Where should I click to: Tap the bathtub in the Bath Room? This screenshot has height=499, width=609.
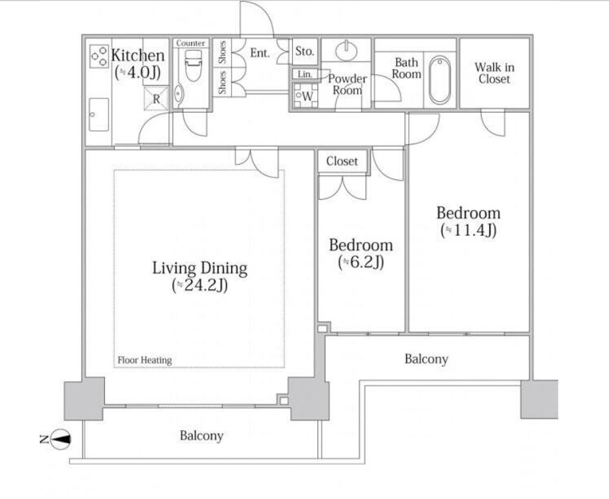click(x=440, y=80)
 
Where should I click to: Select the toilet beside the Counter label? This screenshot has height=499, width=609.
click(x=193, y=65)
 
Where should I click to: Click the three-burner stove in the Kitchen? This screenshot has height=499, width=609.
click(x=99, y=57)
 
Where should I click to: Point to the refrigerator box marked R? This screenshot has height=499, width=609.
click(x=156, y=98)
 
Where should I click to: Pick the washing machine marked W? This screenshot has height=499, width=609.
click(x=305, y=95)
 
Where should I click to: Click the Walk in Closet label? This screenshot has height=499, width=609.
click(x=494, y=73)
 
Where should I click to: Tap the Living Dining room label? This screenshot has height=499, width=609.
click(x=199, y=268)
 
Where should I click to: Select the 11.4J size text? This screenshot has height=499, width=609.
click(x=468, y=231)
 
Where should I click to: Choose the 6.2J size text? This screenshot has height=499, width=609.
click(x=361, y=262)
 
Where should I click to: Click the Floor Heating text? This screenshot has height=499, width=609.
click(x=144, y=360)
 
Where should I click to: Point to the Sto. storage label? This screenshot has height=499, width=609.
click(x=304, y=51)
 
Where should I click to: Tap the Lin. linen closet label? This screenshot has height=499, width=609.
click(x=305, y=74)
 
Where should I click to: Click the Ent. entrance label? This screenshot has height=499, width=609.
click(x=260, y=53)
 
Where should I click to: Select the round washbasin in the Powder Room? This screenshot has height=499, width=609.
click(x=347, y=50)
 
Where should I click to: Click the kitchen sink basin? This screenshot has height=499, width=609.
click(x=98, y=115)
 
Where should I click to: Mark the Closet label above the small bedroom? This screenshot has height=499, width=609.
click(x=342, y=161)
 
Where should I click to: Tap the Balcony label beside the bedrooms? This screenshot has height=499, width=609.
click(x=426, y=359)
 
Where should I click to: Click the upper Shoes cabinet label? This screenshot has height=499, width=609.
click(x=222, y=52)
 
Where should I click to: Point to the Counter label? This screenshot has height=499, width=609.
click(x=190, y=43)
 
